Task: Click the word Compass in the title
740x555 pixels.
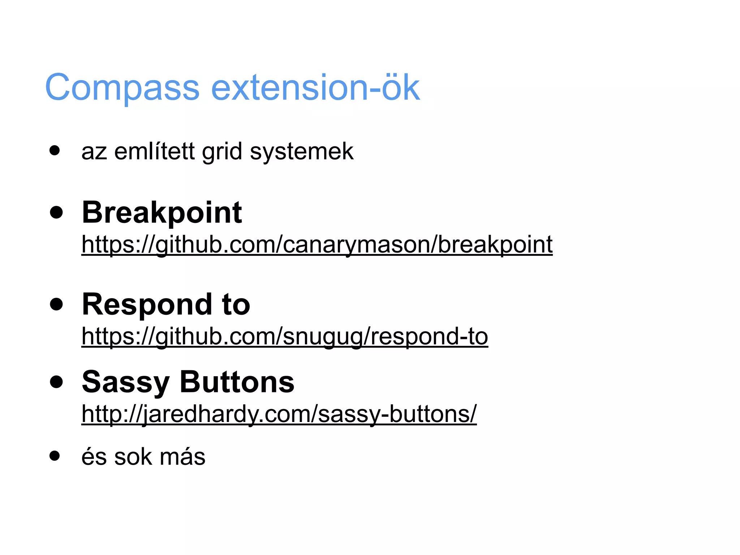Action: click(122, 87)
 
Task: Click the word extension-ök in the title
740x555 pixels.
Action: click(315, 87)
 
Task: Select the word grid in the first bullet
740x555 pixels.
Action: click(222, 152)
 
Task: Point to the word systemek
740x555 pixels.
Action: click(302, 152)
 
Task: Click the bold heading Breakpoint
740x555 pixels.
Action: click(162, 213)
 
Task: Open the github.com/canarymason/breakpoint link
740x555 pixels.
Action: click(317, 245)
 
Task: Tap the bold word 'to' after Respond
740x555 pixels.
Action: click(236, 305)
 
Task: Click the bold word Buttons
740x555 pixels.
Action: click(237, 382)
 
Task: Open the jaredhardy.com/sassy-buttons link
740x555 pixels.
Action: click(279, 414)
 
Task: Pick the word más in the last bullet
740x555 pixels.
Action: click(182, 457)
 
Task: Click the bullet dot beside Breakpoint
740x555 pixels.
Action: click(56, 212)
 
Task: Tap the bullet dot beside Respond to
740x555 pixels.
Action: click(56, 304)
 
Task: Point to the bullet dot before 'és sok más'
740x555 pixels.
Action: click(55, 456)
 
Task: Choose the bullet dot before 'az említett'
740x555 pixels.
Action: click(55, 150)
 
